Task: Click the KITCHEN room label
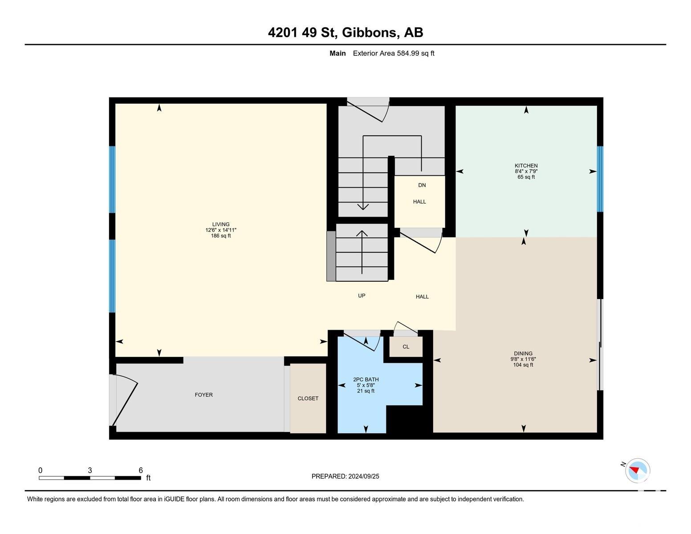click(526, 166)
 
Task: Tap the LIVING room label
click(221, 224)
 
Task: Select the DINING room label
click(523, 353)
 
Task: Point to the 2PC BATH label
click(366, 379)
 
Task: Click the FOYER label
click(203, 395)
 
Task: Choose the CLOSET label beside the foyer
click(308, 398)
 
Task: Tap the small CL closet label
click(406, 347)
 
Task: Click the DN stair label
click(422, 185)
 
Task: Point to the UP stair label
click(362, 295)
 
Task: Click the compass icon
click(637, 470)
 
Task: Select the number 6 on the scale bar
click(141, 470)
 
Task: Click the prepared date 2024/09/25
click(363, 476)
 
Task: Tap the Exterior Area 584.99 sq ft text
click(393, 53)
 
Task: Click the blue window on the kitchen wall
click(600, 179)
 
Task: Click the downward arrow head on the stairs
click(363, 206)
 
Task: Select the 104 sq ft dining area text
click(523, 365)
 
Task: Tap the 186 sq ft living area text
click(221, 236)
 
